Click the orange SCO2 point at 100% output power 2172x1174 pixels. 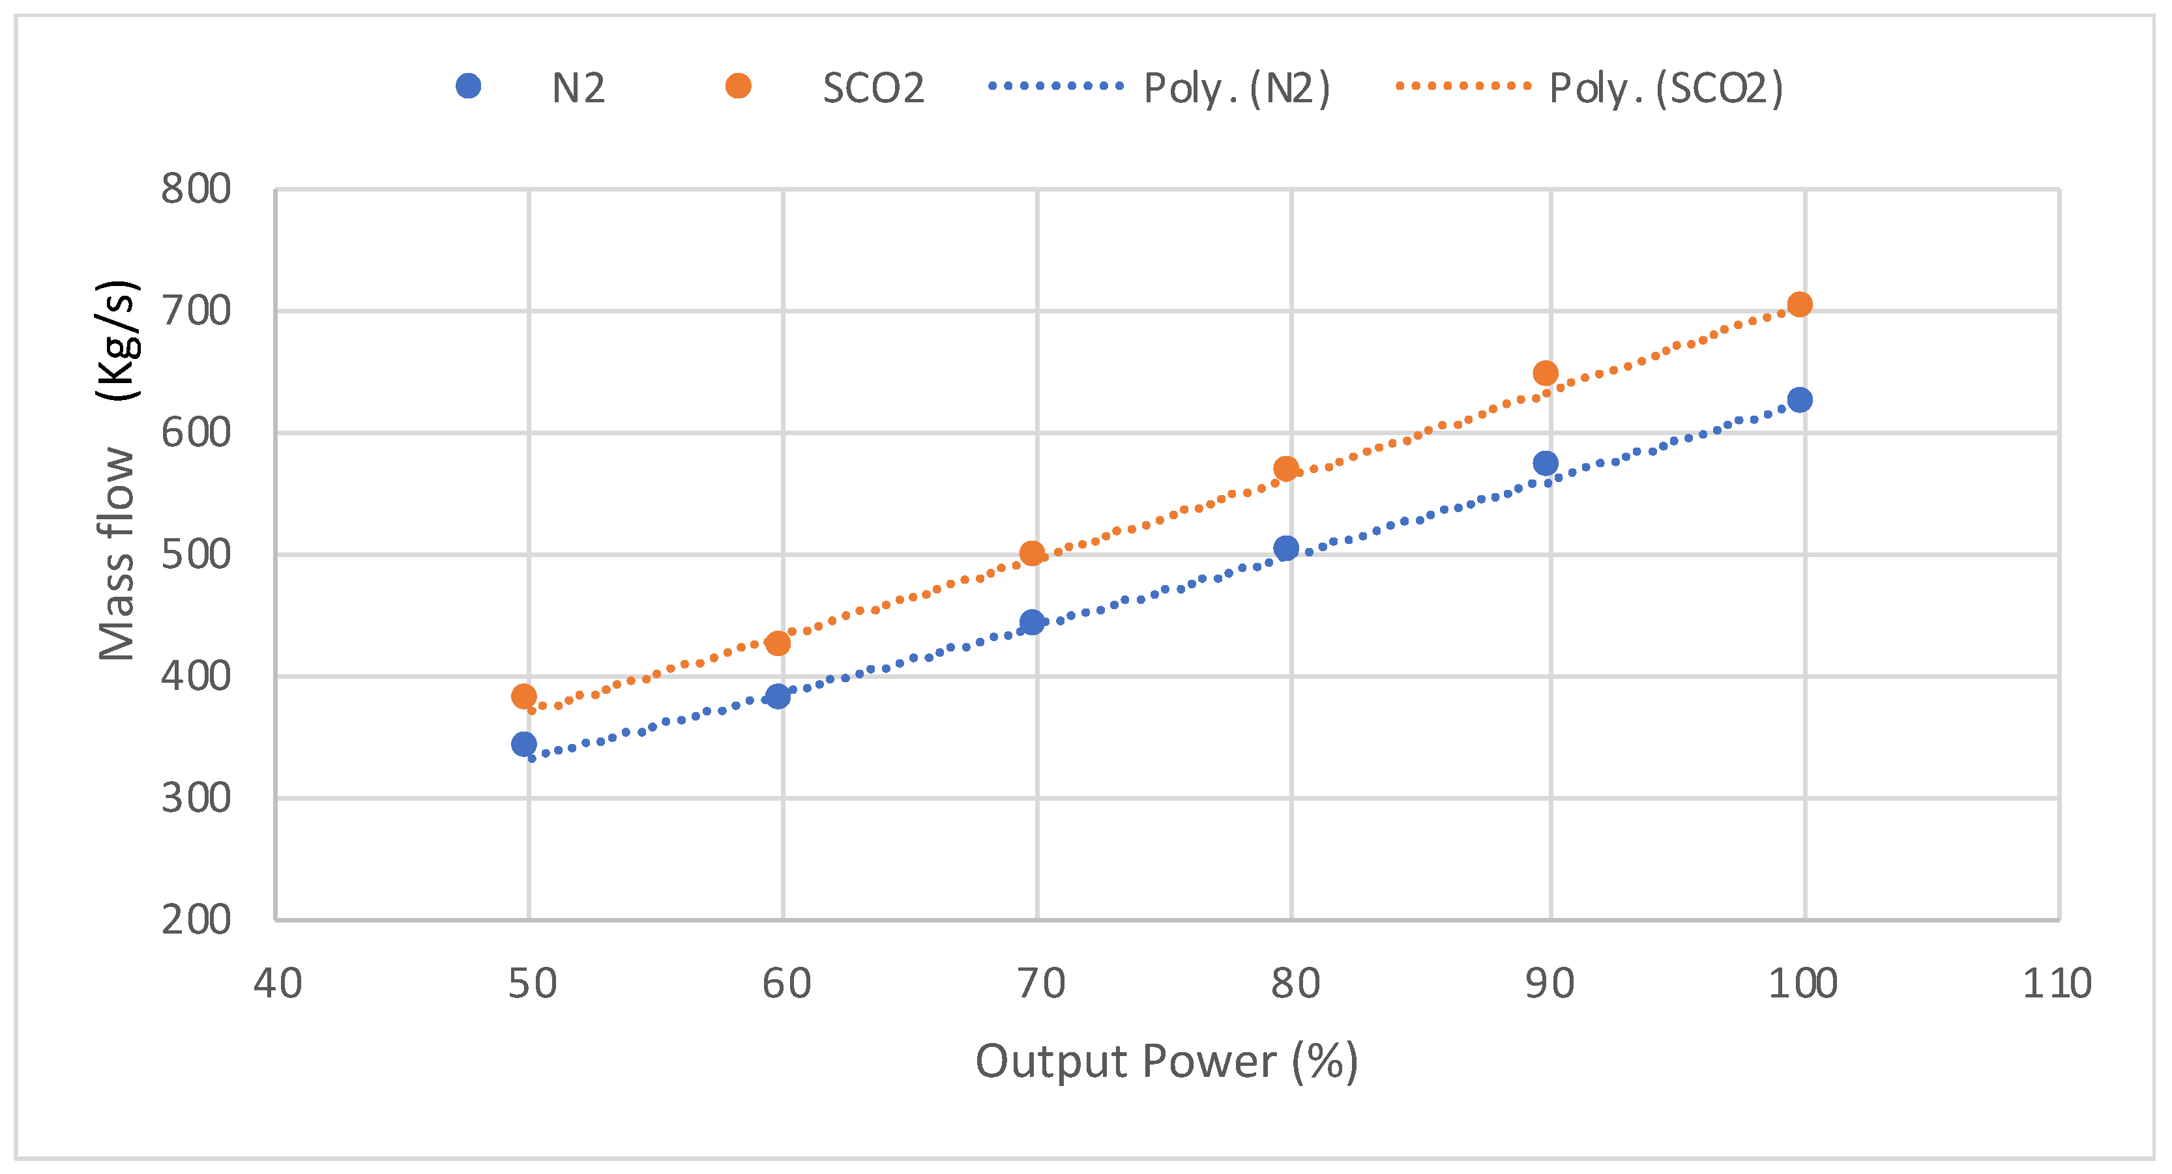tap(1799, 304)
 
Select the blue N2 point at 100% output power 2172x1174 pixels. tap(1799, 399)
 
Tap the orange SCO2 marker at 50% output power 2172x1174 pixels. tap(523, 696)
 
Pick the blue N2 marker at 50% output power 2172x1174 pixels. tap(523, 744)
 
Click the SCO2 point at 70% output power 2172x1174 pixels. tap(1032, 554)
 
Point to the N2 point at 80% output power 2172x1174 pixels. tap(1286, 549)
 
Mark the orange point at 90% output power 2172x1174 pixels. tap(1546, 373)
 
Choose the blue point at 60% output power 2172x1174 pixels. tap(778, 696)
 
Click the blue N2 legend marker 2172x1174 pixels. tap(468, 86)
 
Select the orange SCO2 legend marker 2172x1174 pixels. tap(738, 86)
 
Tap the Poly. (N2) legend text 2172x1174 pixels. tap(1236, 89)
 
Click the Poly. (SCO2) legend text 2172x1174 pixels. tap(1666, 89)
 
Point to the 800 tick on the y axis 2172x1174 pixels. tap(196, 190)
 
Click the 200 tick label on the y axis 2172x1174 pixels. tap(196, 919)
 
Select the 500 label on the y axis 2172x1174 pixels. tap(196, 554)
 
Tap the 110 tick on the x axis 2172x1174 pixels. tap(2057, 984)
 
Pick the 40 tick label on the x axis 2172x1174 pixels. tap(278, 984)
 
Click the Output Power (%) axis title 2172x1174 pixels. tap(1166, 1061)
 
